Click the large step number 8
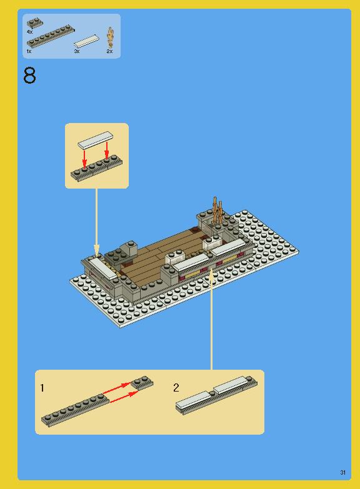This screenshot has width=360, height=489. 29,76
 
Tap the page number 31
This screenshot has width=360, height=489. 343,472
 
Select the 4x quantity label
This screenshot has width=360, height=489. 29,31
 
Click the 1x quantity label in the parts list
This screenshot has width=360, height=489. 29,51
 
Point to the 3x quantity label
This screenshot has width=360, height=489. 77,51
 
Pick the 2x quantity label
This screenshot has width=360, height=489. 109,51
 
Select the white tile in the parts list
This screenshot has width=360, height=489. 86,41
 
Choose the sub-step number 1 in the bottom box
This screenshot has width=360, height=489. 42,388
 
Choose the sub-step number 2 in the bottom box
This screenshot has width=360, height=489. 176,388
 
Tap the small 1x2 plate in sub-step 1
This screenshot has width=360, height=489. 142,382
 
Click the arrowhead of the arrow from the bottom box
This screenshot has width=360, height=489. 212,273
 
